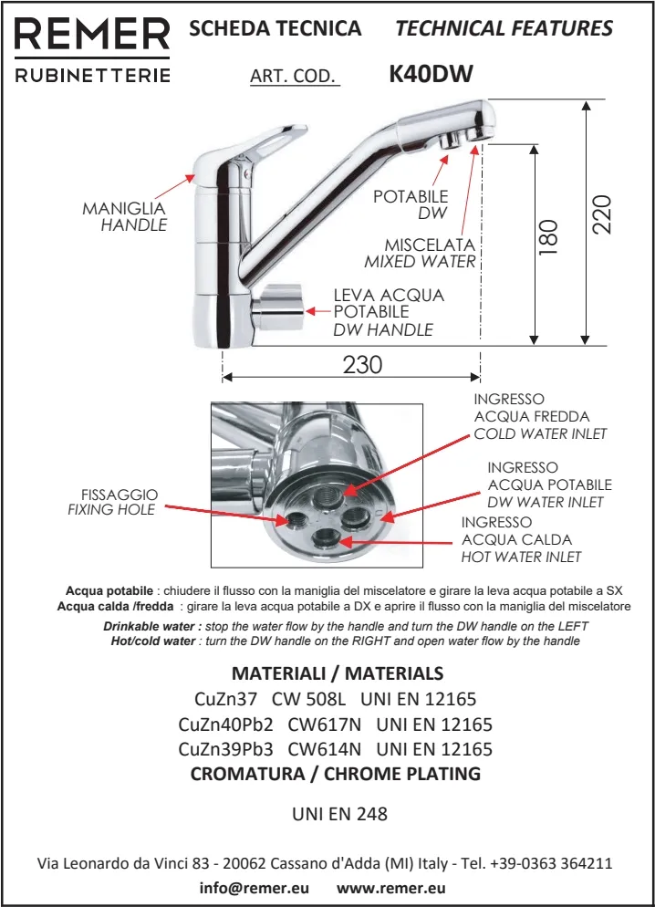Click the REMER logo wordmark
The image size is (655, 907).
92,36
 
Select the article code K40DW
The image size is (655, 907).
431,74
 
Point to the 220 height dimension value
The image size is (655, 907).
601,215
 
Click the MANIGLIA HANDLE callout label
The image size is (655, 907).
125,216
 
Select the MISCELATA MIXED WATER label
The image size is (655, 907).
421,253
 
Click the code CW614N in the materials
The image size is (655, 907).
324,749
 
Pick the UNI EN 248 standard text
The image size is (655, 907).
339,813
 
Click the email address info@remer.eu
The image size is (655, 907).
255,887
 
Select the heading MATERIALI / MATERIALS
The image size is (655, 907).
338,673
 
